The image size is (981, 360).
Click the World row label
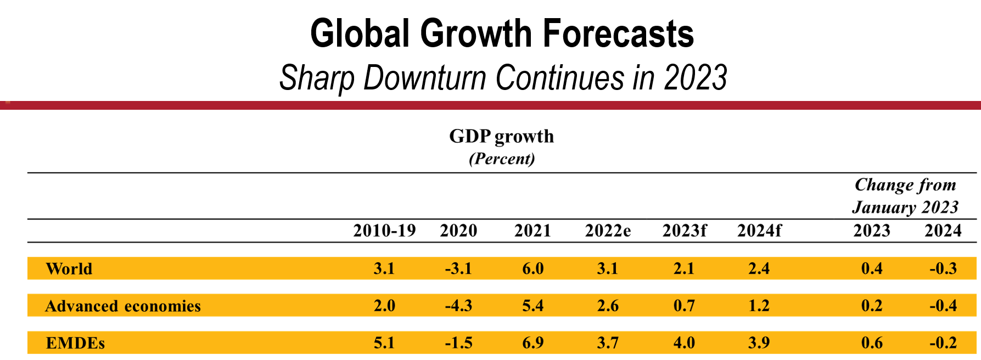coord(69,269)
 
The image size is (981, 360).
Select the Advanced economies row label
coord(123,306)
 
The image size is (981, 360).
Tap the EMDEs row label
coord(75,343)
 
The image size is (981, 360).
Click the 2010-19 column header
coord(384,230)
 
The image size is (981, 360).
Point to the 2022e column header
coord(608,230)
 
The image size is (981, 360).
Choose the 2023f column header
coord(684,230)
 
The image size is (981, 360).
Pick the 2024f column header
coord(759,230)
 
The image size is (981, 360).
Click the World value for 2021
coord(532,269)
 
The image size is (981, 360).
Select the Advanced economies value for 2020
coord(458,306)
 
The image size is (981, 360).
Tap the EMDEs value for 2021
coord(532,343)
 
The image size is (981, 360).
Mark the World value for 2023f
coord(684,269)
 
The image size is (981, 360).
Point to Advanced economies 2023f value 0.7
coord(684,306)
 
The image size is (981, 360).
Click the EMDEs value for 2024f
coord(759,343)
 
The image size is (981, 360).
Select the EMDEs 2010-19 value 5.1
coord(384,343)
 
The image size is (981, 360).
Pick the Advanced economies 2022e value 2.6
coord(608,306)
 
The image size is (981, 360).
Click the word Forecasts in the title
coord(618,34)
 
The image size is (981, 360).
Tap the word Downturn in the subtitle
coord(425,77)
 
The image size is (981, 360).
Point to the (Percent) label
coord(502,159)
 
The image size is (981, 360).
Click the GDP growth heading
coord(502,136)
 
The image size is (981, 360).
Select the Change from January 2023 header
coord(906,196)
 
